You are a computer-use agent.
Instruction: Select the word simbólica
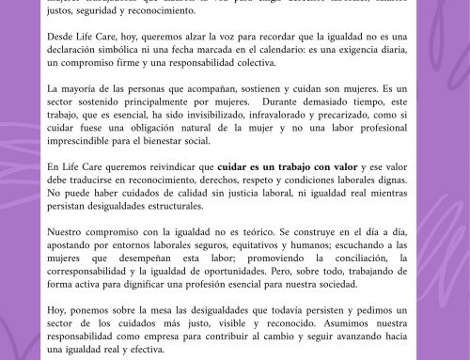tap(149, 55)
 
